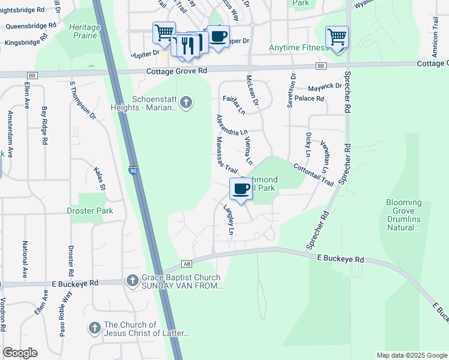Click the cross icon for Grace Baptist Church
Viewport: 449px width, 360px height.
click(132, 280)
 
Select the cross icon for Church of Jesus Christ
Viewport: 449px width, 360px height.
click(94, 328)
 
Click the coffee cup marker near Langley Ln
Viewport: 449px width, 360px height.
click(241, 189)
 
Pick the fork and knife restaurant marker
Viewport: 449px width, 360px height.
click(189, 44)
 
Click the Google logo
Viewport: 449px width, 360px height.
click(20, 353)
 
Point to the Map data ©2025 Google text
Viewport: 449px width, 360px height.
click(411, 355)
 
